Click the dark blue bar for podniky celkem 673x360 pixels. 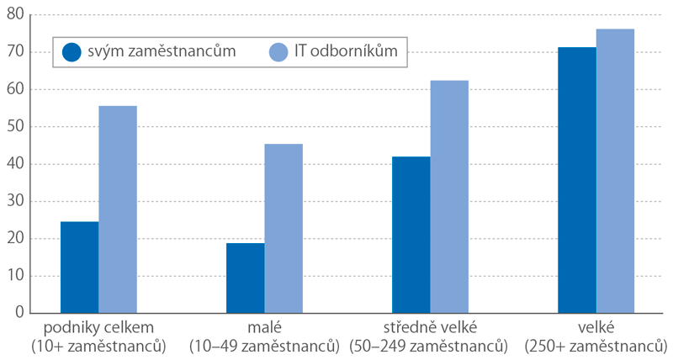(x=79, y=267)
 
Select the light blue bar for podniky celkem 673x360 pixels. (x=118, y=209)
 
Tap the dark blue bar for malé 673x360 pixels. (x=245, y=278)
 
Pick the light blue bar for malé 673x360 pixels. (x=284, y=228)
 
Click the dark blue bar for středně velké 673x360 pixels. (x=411, y=235)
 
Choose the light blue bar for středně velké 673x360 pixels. (x=449, y=197)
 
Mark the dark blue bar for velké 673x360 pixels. (x=577, y=180)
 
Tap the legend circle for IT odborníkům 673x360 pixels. (x=279, y=52)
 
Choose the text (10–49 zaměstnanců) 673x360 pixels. (x=264, y=346)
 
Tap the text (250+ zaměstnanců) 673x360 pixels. (x=596, y=346)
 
